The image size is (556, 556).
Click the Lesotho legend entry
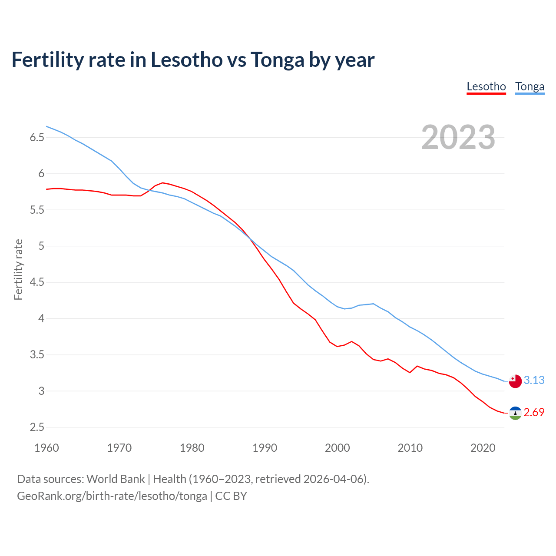coord(486,86)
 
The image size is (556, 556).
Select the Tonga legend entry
coord(530,86)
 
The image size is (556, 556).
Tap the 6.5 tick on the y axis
coord(37,138)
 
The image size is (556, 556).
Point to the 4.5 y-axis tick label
coord(37,282)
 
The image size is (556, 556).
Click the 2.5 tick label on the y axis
coord(37,427)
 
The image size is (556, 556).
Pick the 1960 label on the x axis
coord(46,448)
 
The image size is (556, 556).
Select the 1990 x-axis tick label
coord(265,448)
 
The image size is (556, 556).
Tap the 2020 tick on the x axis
coord(483,448)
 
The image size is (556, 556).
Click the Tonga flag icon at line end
coord(515,381)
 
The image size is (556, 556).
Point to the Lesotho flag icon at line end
coord(515,413)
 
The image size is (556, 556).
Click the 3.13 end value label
coord(534,380)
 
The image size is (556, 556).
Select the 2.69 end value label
coord(534,412)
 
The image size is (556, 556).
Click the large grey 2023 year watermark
coord(458,137)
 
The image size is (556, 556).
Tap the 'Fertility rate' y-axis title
coord(18,269)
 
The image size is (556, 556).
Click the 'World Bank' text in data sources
coord(116,479)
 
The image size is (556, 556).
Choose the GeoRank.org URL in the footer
coord(112,496)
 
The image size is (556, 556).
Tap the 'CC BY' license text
coord(231,496)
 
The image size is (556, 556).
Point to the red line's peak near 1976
coord(162,182)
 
